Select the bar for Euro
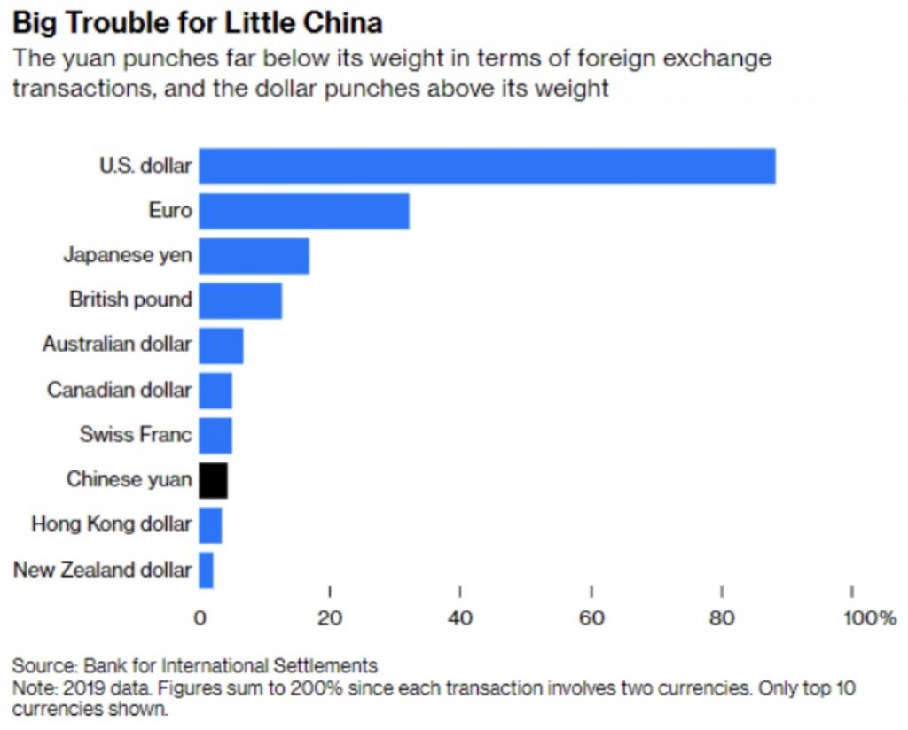pos(303,211)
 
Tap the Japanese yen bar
pos(254,256)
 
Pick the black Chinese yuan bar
pos(213,480)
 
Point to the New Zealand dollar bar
pos(206,570)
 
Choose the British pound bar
pos(239,300)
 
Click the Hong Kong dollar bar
pos(210,524)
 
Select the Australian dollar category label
pos(116,344)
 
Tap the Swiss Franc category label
pos(135,434)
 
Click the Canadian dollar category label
pos(119,389)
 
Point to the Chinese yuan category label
pos(129,479)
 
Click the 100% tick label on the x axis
pos(869,618)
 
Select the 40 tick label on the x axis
pos(460,618)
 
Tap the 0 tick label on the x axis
pos(200,618)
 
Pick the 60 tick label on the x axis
pos(591,618)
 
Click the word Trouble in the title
pos(111,21)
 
